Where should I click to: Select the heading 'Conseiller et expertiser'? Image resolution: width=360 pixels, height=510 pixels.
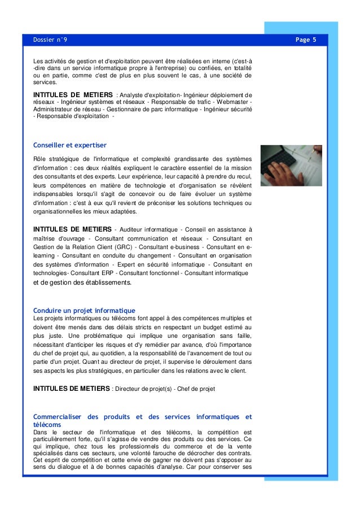click(70, 146)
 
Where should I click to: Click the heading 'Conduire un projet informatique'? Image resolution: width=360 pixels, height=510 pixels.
click(84, 311)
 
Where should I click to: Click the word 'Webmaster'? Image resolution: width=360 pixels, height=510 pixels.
click(233, 102)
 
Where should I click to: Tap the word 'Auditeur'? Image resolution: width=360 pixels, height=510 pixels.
click(135, 229)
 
